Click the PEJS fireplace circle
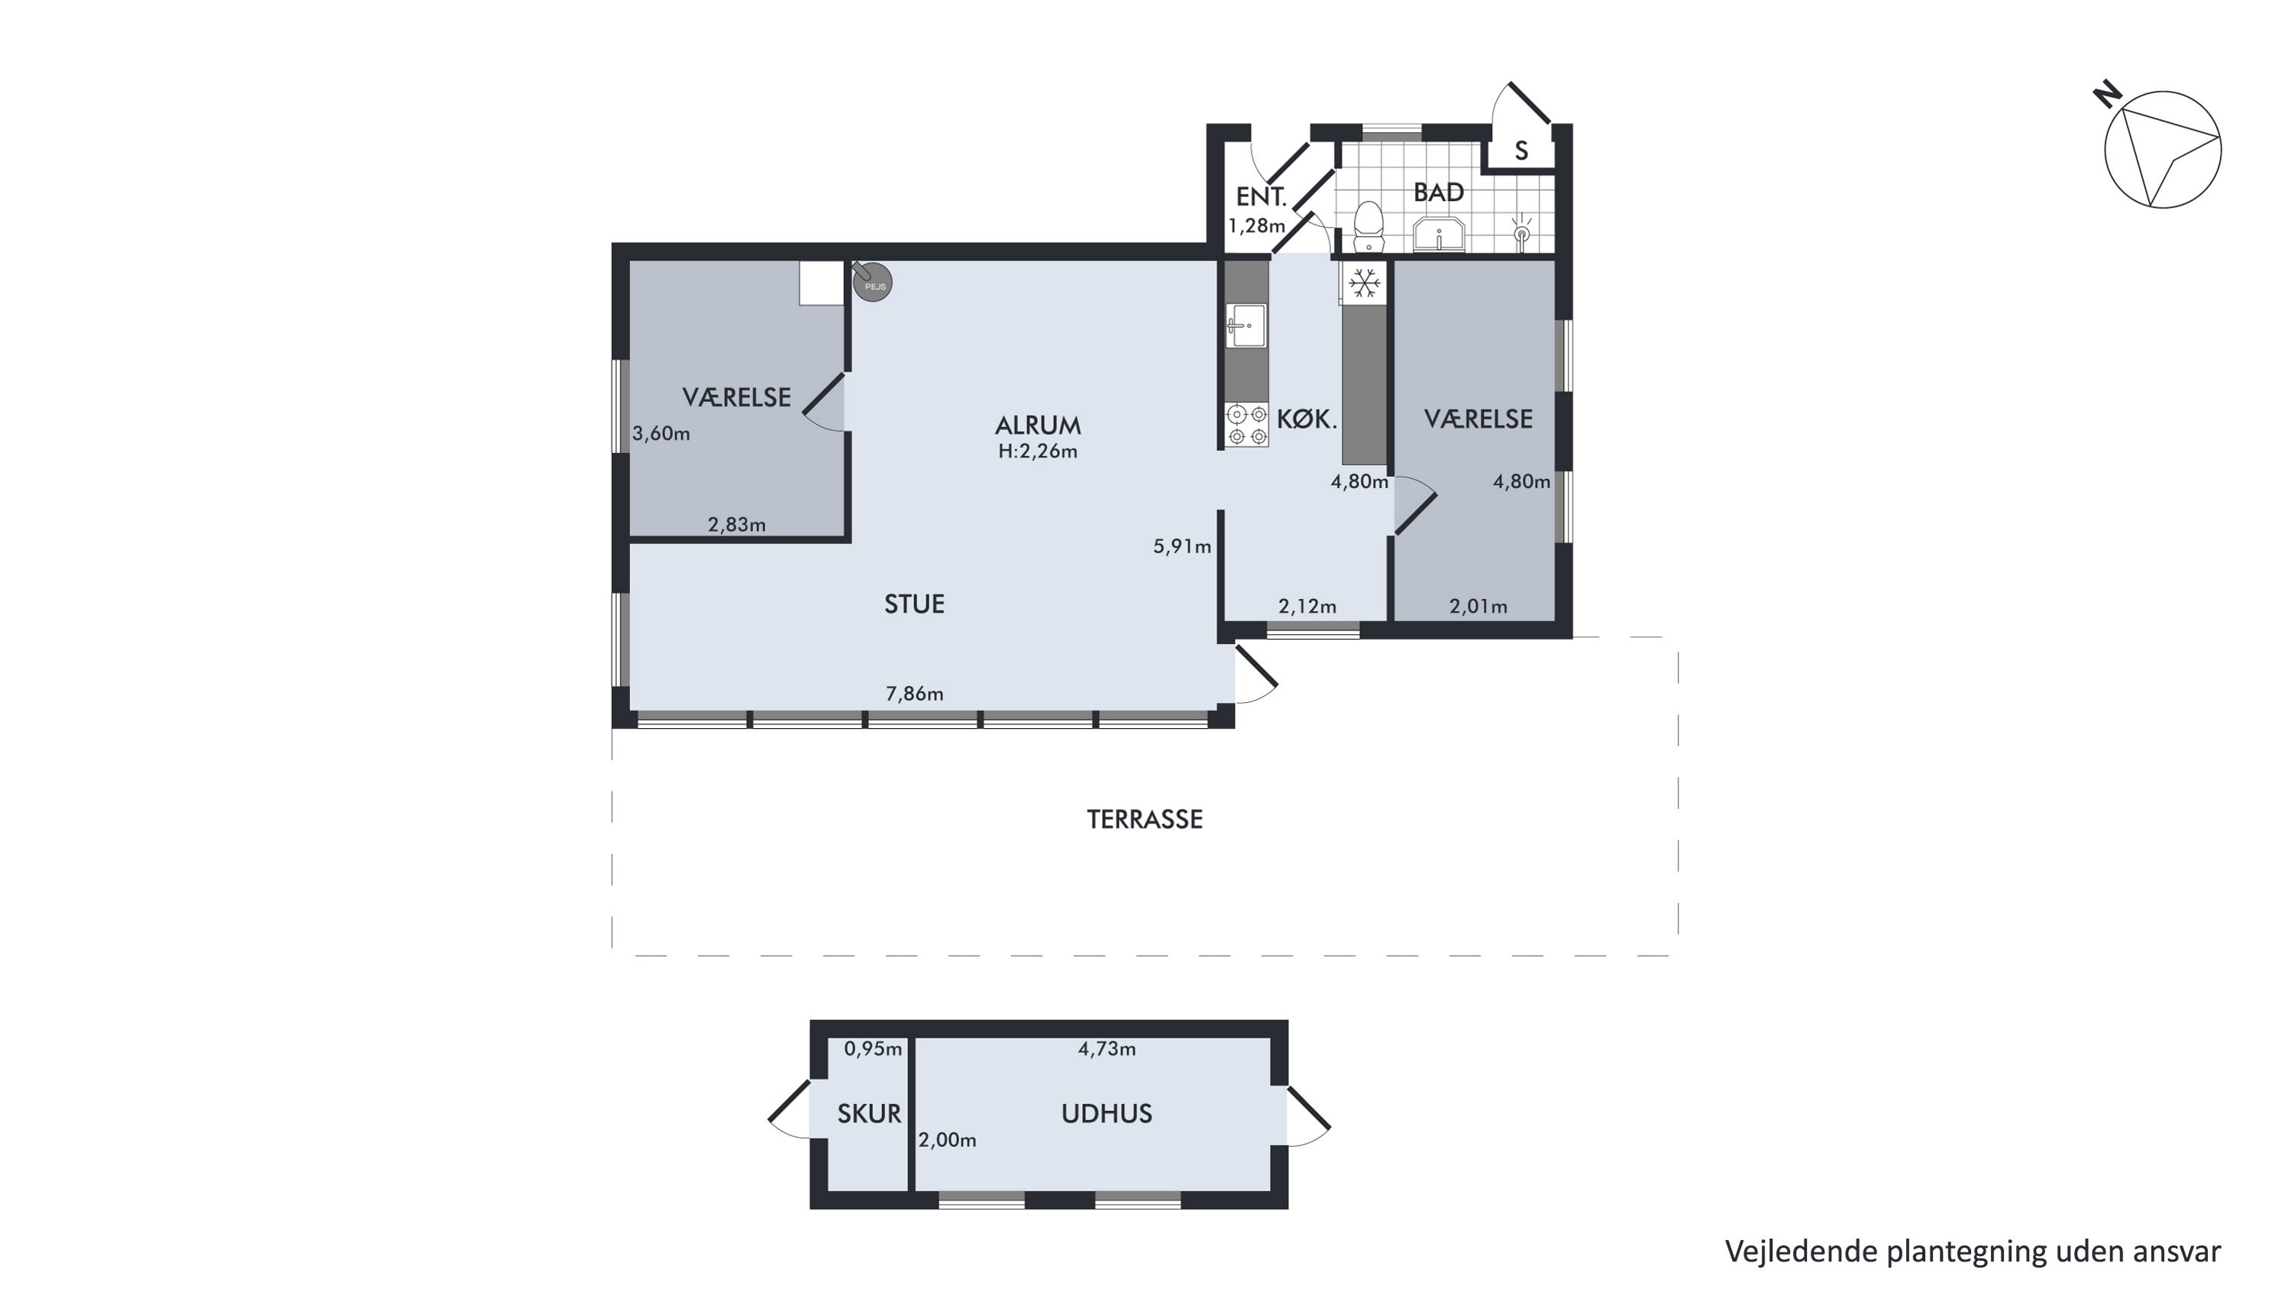(x=872, y=282)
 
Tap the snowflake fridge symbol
(x=1364, y=283)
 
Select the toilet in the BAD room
(x=1368, y=226)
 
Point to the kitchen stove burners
(x=1247, y=424)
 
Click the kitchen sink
(x=1246, y=325)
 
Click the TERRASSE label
(x=1145, y=819)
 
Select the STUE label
(x=914, y=604)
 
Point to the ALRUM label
(x=1038, y=426)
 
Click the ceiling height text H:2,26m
(x=1038, y=451)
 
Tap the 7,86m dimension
(x=914, y=694)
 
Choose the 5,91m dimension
(x=1182, y=546)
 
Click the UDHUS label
(x=1107, y=1114)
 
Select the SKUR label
(x=869, y=1114)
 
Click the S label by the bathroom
(x=1522, y=151)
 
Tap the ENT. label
(x=1261, y=196)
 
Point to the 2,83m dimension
(x=736, y=525)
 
